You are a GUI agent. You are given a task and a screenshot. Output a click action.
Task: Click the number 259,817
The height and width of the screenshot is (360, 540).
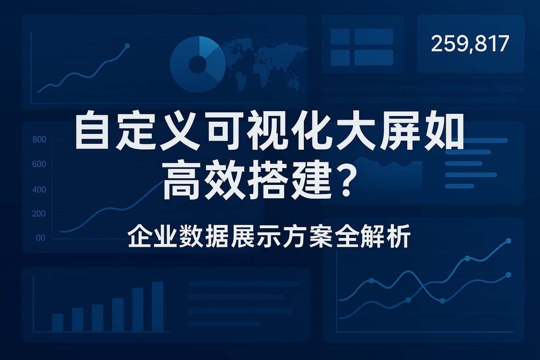470,44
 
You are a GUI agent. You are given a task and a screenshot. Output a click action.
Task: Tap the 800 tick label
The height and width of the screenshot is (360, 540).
39,139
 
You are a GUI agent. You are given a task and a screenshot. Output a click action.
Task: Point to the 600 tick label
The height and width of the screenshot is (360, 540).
39,164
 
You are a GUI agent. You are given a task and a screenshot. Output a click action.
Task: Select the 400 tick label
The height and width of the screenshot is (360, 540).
39,190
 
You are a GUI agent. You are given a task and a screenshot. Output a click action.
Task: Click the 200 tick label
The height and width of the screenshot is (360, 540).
39,213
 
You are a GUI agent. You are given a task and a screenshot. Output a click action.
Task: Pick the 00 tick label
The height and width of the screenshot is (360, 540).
41,238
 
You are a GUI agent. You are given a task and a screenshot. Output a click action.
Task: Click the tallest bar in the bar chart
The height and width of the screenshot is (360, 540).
158,307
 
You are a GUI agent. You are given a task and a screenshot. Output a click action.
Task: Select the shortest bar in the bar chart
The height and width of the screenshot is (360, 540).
57,323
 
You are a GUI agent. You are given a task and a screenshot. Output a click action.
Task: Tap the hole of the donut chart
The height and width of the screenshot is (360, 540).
198,64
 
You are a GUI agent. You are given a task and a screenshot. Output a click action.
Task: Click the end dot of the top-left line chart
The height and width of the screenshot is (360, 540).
127,46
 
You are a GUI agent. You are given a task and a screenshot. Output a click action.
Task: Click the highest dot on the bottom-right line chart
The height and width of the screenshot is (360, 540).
508,241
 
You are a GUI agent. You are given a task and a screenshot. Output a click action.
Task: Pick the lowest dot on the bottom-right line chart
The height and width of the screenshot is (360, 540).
442,301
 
